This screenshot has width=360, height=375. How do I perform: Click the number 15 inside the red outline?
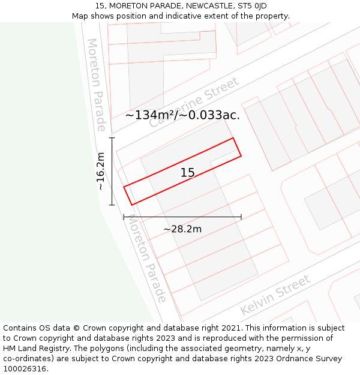coord(188,173)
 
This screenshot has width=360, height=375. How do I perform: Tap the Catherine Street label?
coord(193,102)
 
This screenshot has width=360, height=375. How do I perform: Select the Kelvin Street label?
coord(275,295)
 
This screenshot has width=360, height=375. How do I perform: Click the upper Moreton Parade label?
coord(96,84)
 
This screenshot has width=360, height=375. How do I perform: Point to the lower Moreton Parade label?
coord(146,259)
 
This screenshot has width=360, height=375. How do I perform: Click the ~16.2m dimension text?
coord(101,172)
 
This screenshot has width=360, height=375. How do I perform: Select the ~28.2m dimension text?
coord(182,229)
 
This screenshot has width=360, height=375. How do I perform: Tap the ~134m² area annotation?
coord(149,115)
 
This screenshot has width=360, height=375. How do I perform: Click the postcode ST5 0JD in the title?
coord(252,6)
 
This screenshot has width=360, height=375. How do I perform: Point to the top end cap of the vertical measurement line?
coord(112,138)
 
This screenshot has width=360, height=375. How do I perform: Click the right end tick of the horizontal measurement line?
coord(241,217)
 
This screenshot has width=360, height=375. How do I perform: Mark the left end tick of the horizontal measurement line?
coord(124,217)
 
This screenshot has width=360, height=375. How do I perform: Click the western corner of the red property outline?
coord(124,187)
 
